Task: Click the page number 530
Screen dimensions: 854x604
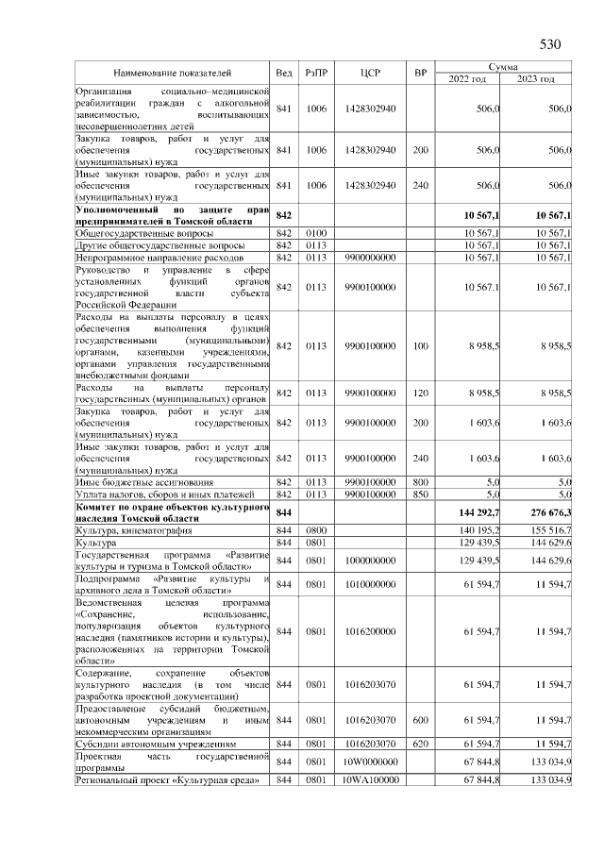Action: (549, 44)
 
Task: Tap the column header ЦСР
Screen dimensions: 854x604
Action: (370, 73)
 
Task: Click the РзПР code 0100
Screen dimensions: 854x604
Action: (315, 232)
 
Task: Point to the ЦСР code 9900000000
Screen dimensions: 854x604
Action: (370, 257)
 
